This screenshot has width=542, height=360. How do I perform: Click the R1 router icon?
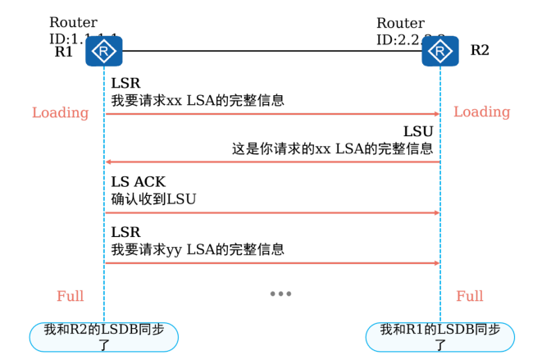coord(104,53)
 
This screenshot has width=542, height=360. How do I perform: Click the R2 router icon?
coord(440,52)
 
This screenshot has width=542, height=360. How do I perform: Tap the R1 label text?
coord(64,51)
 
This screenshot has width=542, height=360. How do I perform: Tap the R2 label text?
coord(480,50)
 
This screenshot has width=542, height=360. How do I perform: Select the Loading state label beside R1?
coord(60,112)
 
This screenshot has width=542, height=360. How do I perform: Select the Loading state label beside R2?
coord(481,112)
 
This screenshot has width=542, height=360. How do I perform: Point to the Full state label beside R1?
coord(71,296)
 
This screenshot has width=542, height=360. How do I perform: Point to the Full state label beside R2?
coord(470,296)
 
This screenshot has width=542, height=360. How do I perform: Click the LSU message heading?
coord(417,132)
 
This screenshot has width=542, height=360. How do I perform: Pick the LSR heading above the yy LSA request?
coord(125,232)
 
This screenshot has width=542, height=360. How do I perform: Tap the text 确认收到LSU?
coord(154,198)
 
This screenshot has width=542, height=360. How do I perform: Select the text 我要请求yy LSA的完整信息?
coord(198,249)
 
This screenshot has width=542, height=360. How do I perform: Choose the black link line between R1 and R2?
coord(271,52)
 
